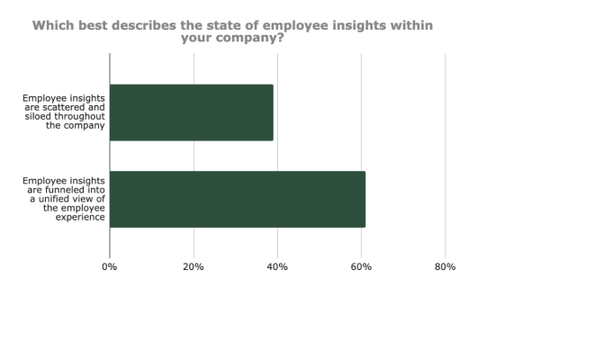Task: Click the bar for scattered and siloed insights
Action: (x=191, y=112)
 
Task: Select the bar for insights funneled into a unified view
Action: (x=238, y=199)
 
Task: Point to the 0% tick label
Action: (x=110, y=267)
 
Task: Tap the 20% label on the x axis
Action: (x=193, y=267)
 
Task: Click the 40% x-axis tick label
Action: (x=277, y=267)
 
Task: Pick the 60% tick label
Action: (x=361, y=267)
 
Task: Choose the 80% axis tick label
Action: (x=445, y=267)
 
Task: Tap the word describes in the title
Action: (x=159, y=25)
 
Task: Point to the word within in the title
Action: (x=407, y=25)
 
